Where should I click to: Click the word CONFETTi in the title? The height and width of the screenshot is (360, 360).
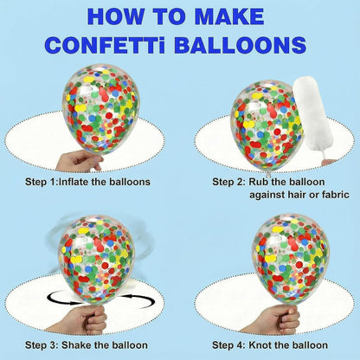coord(106,44)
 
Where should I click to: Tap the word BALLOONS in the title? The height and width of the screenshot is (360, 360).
coord(240,44)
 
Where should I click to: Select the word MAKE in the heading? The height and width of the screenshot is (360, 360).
coord(229,16)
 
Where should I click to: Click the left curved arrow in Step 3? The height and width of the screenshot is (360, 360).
coord(59,300)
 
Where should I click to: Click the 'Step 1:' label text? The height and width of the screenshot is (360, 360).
coord(42,182)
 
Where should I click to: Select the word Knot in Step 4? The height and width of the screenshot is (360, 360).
coord(260,345)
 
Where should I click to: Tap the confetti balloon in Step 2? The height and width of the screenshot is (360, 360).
coord(267,127)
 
